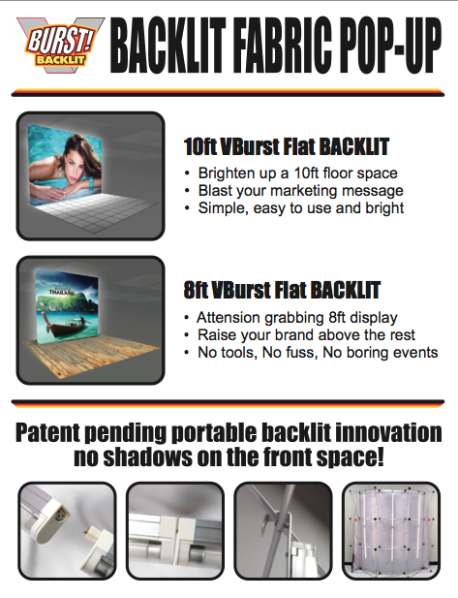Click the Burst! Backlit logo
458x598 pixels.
click(60, 45)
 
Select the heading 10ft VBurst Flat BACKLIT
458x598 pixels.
click(287, 146)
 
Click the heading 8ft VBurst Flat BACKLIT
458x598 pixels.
click(282, 290)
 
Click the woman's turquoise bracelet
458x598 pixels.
click(92, 185)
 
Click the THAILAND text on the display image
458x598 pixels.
click(62, 293)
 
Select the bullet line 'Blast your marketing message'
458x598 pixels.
click(300, 191)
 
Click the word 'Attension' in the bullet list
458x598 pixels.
click(228, 317)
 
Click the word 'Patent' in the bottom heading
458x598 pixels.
click(48, 433)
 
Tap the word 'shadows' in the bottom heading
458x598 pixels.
click(148, 457)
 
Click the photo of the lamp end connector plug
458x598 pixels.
click(67, 531)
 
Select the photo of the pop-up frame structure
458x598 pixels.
click(391, 531)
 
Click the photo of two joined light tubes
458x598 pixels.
click(175, 531)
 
